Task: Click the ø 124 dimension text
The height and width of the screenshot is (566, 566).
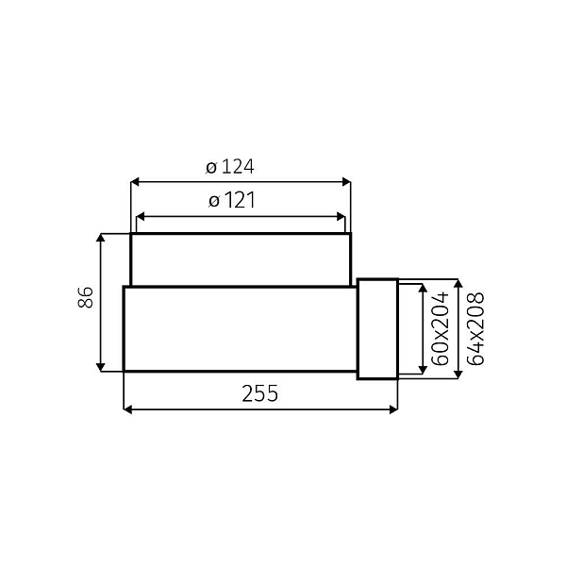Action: pyautogui.click(x=230, y=167)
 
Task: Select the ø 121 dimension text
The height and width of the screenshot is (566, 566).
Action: pyautogui.click(x=230, y=201)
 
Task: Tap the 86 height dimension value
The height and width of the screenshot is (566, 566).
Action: pyautogui.click(x=85, y=299)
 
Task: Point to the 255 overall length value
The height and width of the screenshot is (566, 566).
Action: pyautogui.click(x=261, y=394)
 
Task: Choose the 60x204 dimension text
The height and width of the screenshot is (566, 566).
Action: pyautogui.click(x=439, y=328)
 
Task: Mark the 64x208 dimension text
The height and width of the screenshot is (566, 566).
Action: pyautogui.click(x=475, y=328)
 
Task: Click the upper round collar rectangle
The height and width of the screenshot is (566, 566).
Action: pyautogui.click(x=241, y=259)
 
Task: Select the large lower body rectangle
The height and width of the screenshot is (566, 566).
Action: pyautogui.click(x=240, y=328)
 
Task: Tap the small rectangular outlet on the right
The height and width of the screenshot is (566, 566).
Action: pyautogui.click(x=377, y=328)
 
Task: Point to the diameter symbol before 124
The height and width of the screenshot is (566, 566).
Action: pyautogui.click(x=211, y=168)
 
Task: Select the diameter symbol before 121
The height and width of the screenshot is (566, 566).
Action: pyautogui.click(x=213, y=202)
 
